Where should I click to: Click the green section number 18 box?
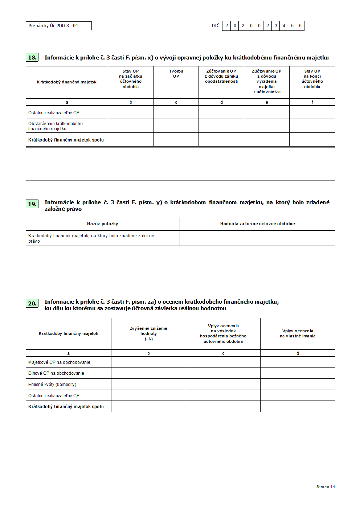(32, 57)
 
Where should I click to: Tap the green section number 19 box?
(32, 204)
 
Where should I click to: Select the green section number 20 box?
(32, 303)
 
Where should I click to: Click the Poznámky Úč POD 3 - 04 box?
(58, 26)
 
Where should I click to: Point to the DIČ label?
(216, 26)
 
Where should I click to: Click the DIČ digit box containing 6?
(300, 26)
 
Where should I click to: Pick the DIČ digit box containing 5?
(292, 26)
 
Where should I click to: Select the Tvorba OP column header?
(176, 74)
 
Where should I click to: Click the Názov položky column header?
(103, 224)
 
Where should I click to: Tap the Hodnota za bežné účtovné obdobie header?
(257, 224)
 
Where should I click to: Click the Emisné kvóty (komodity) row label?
(52, 385)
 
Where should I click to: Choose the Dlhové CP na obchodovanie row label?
(56, 373)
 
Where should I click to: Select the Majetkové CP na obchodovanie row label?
(59, 362)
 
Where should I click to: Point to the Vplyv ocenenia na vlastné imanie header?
(298, 333)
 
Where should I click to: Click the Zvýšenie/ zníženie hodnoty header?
(148, 333)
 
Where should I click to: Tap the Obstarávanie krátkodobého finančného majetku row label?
(56, 126)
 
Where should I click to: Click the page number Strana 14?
(326, 487)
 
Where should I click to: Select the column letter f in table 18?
(312, 102)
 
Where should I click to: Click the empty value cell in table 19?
(257, 238)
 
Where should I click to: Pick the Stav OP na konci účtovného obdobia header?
(312, 79)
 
